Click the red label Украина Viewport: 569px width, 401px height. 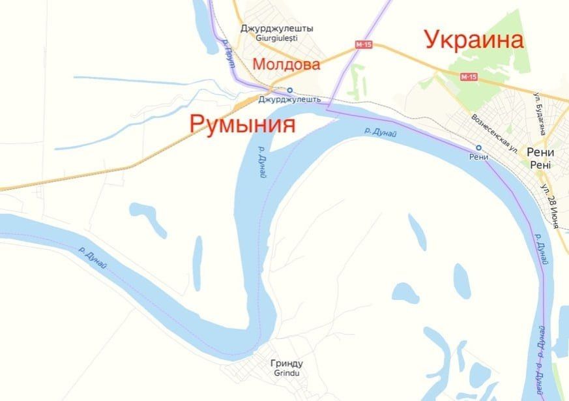point(474,40)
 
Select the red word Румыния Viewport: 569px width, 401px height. point(242,123)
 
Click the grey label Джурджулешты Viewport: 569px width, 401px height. point(276,29)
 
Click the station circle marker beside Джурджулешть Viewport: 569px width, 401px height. point(290,91)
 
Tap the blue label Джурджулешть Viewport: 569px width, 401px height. point(289,100)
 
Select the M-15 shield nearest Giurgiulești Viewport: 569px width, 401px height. point(363,45)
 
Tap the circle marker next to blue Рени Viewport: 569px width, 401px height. point(478,147)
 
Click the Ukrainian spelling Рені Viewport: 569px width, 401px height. point(540,164)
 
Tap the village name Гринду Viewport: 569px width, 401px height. point(286,364)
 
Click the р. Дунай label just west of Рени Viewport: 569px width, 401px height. point(381,132)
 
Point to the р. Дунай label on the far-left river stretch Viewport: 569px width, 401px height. point(96,260)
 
